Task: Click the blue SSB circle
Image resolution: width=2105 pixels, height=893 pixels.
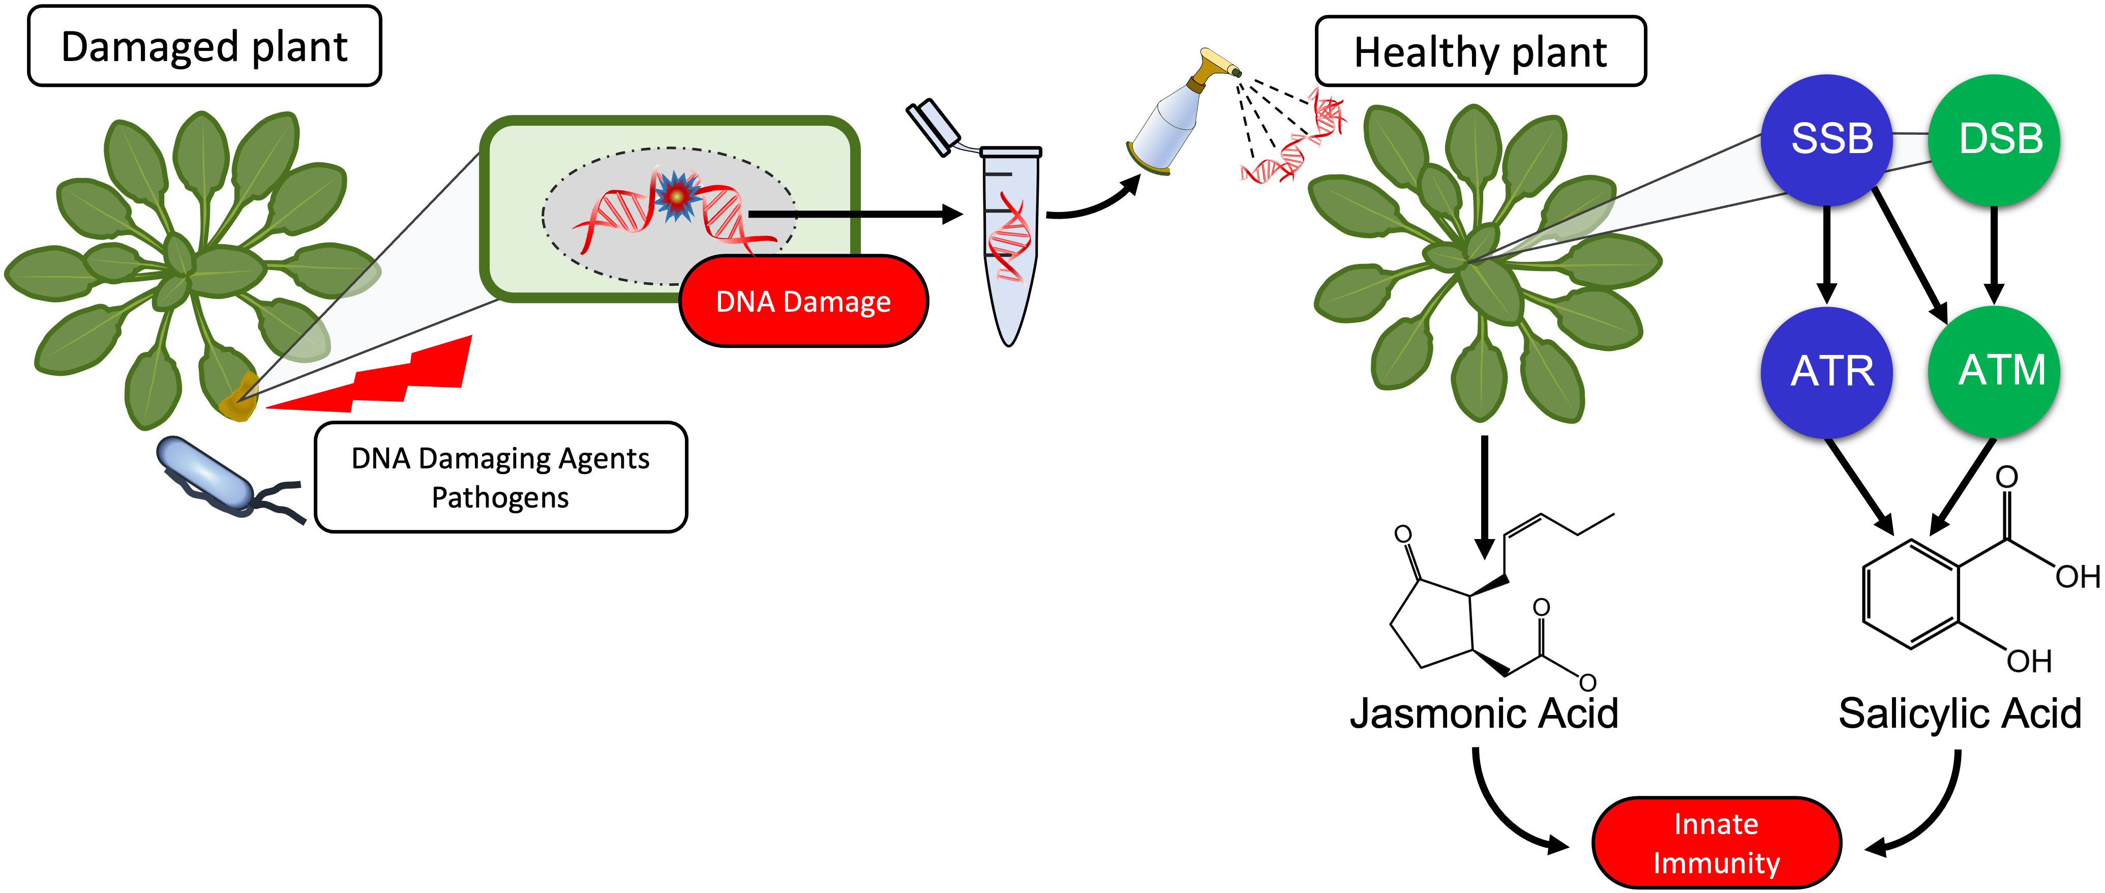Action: tap(1827, 139)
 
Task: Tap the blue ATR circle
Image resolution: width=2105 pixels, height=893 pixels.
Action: tap(1827, 372)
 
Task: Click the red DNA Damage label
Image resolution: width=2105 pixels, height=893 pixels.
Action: tap(803, 302)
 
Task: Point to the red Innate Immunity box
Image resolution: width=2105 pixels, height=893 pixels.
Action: tap(1716, 842)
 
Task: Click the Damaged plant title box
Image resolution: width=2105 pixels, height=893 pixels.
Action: tap(204, 47)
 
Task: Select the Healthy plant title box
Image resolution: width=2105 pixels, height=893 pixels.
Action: tap(1480, 51)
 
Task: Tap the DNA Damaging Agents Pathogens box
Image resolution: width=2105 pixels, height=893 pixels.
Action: tap(500, 477)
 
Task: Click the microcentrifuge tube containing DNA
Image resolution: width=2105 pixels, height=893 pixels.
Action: tap(1010, 245)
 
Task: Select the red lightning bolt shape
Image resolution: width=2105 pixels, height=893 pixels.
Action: tap(384, 380)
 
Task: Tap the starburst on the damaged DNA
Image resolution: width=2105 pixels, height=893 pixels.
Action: tap(676, 196)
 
